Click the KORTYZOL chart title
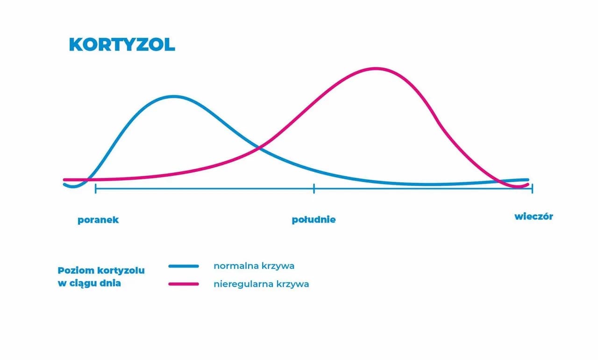coord(121,44)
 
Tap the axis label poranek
coord(98,220)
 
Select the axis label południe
coord(313,220)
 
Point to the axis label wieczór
coord(534,217)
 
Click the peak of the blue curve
coord(174,97)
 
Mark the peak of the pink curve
coord(376,69)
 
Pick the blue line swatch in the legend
coord(184,266)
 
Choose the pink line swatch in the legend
coord(184,284)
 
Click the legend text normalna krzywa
coord(254,266)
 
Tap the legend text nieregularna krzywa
coord(261,284)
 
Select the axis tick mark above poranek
coord(95,188)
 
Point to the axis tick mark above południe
coord(314,188)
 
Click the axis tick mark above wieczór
coord(532,188)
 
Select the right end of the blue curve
coord(527,180)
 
